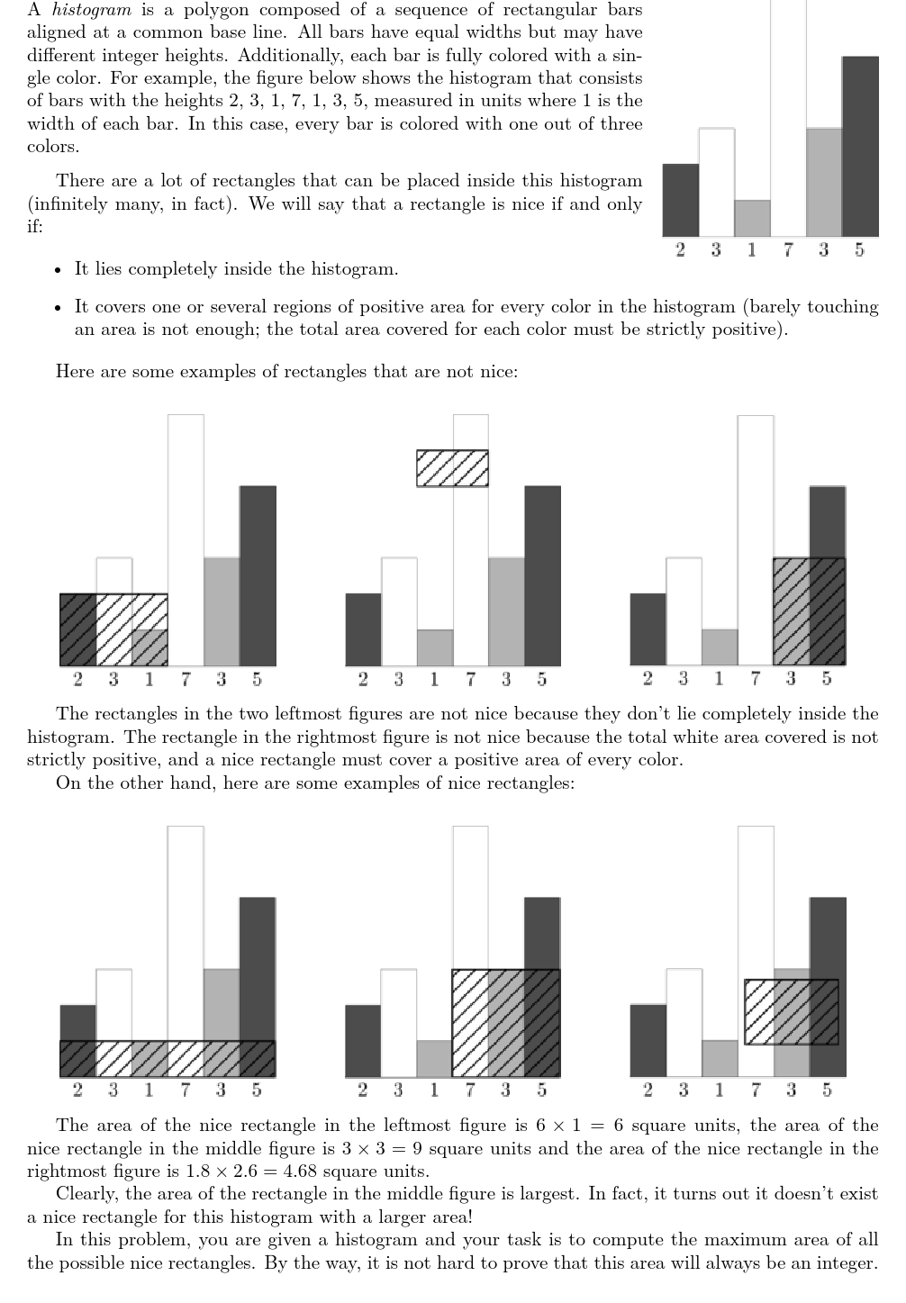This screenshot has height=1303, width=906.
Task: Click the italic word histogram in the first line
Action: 92,10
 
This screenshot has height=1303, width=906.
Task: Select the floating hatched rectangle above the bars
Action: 452,468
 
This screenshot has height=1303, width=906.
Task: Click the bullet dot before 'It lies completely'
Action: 59,270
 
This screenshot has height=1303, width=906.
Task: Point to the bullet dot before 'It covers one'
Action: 59,308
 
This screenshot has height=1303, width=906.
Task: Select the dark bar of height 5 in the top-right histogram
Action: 860,146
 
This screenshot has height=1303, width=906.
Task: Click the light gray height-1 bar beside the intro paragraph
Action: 752,218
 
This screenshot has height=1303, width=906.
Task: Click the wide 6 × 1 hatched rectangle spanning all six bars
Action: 168,1059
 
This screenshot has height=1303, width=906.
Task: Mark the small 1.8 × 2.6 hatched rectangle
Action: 792,1012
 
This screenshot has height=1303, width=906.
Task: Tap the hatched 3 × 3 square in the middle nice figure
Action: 505,1023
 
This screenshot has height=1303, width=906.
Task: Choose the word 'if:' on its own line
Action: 35,227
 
